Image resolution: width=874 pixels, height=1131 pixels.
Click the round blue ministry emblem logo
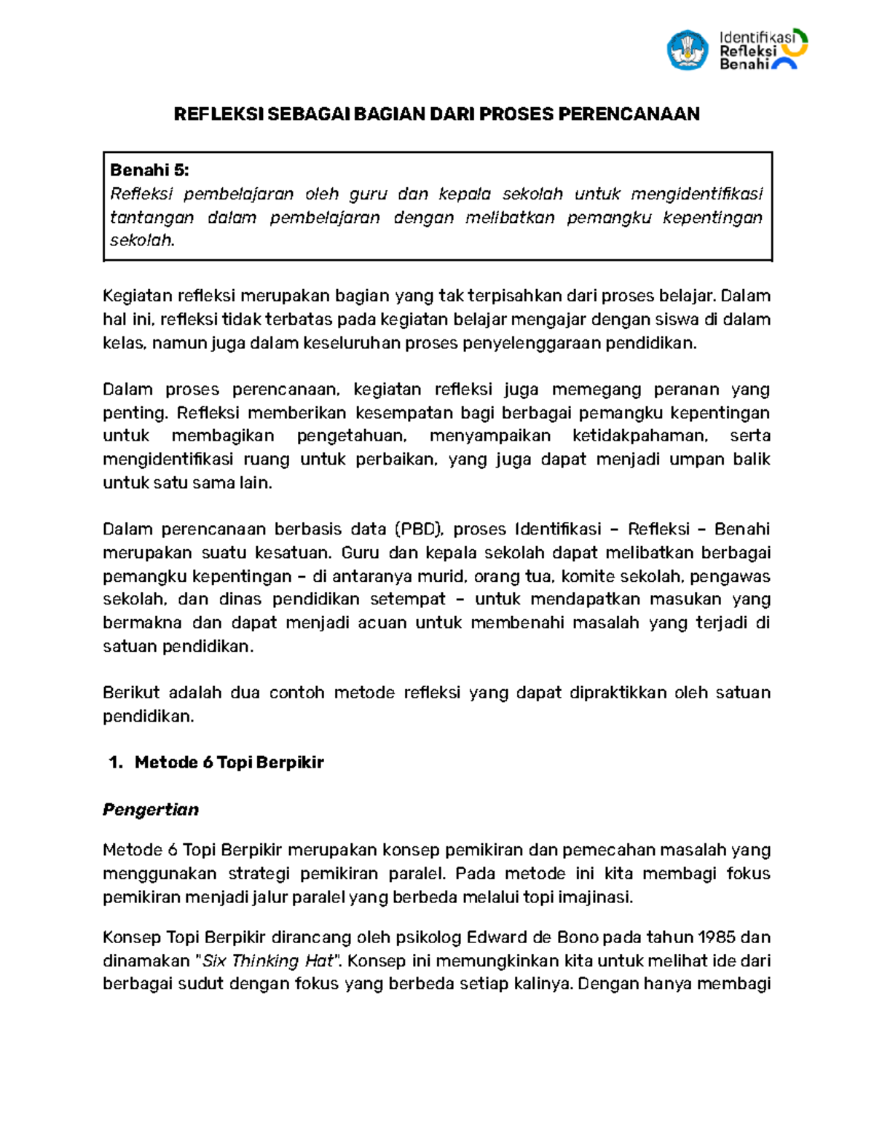pos(687,50)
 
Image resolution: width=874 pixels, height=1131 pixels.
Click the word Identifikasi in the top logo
pos(755,36)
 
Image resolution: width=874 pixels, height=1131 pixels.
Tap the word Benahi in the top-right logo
pos(744,64)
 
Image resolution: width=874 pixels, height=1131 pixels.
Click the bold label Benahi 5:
pos(149,170)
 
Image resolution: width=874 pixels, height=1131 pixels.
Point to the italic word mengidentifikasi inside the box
pos(696,194)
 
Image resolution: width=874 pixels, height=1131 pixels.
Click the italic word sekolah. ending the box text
pos(143,240)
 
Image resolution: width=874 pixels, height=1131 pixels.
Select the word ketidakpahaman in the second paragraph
pos(639,436)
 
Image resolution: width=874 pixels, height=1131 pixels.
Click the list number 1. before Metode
pos(115,762)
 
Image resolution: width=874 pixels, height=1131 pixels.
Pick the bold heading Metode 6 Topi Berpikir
pos(229,762)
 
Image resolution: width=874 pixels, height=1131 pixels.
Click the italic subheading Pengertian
pos(151,810)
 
